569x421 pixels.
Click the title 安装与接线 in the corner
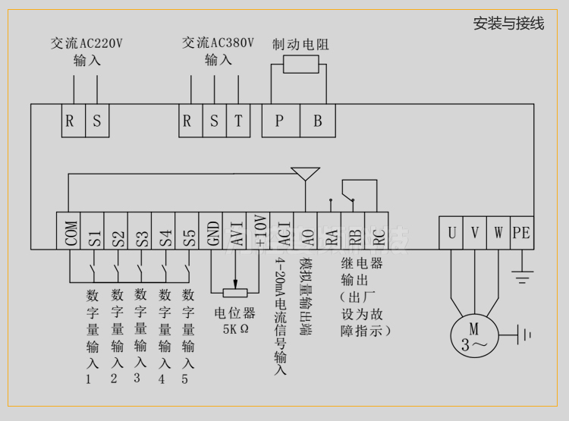[x=508, y=24]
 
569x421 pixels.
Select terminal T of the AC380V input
[x=237, y=121]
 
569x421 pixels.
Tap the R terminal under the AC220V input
[x=69, y=121]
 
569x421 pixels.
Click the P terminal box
[x=279, y=121]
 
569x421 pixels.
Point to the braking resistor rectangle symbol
[x=300, y=64]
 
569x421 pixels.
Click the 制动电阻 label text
[x=300, y=44]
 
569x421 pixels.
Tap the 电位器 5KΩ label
[x=234, y=321]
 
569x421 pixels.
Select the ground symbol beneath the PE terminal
[x=521, y=277]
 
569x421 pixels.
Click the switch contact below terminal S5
[x=187, y=270]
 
